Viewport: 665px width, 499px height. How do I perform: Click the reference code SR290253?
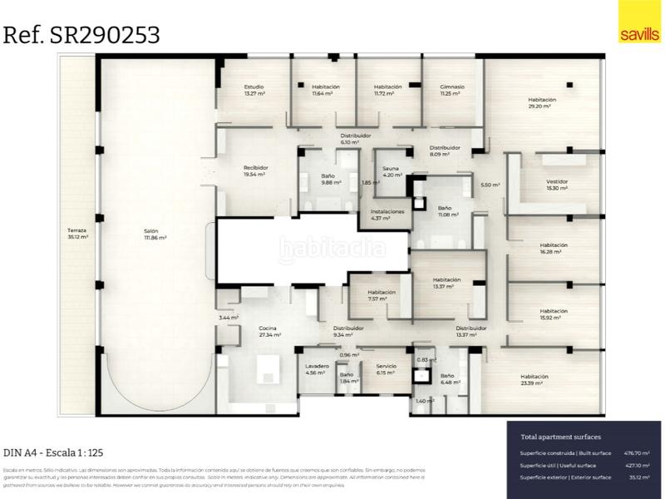[x=81, y=35]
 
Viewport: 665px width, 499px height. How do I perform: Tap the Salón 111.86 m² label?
[x=155, y=235]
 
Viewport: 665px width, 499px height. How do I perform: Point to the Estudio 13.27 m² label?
[x=254, y=90]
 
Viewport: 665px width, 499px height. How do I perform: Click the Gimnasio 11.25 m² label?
[x=452, y=90]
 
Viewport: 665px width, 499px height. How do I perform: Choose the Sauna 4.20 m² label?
[x=391, y=172]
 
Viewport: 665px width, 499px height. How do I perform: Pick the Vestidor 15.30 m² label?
[x=557, y=185]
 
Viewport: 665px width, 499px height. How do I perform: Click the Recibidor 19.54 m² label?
[x=254, y=170]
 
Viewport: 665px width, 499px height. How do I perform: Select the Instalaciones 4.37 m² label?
[x=387, y=215]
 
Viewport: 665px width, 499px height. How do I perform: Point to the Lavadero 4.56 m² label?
[x=316, y=369]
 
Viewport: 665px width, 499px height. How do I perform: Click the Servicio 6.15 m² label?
[x=386, y=369]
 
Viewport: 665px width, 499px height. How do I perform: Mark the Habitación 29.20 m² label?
[x=541, y=103]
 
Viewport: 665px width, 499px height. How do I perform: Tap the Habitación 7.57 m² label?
[x=382, y=295]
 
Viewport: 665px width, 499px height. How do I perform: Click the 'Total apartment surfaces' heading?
[x=560, y=437]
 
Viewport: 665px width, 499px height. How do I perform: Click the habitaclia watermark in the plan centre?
[x=332, y=246]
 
